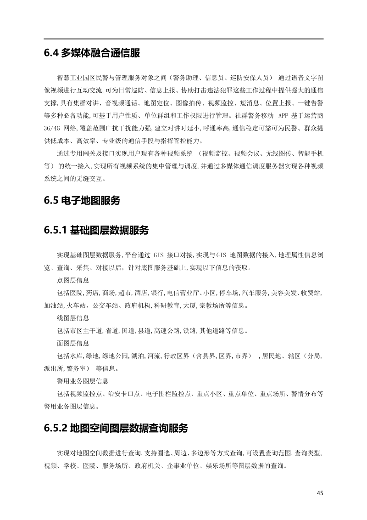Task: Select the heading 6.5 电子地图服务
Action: coord(82,200)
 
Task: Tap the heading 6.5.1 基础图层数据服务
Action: coord(96,230)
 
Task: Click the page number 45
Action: coord(320,493)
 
